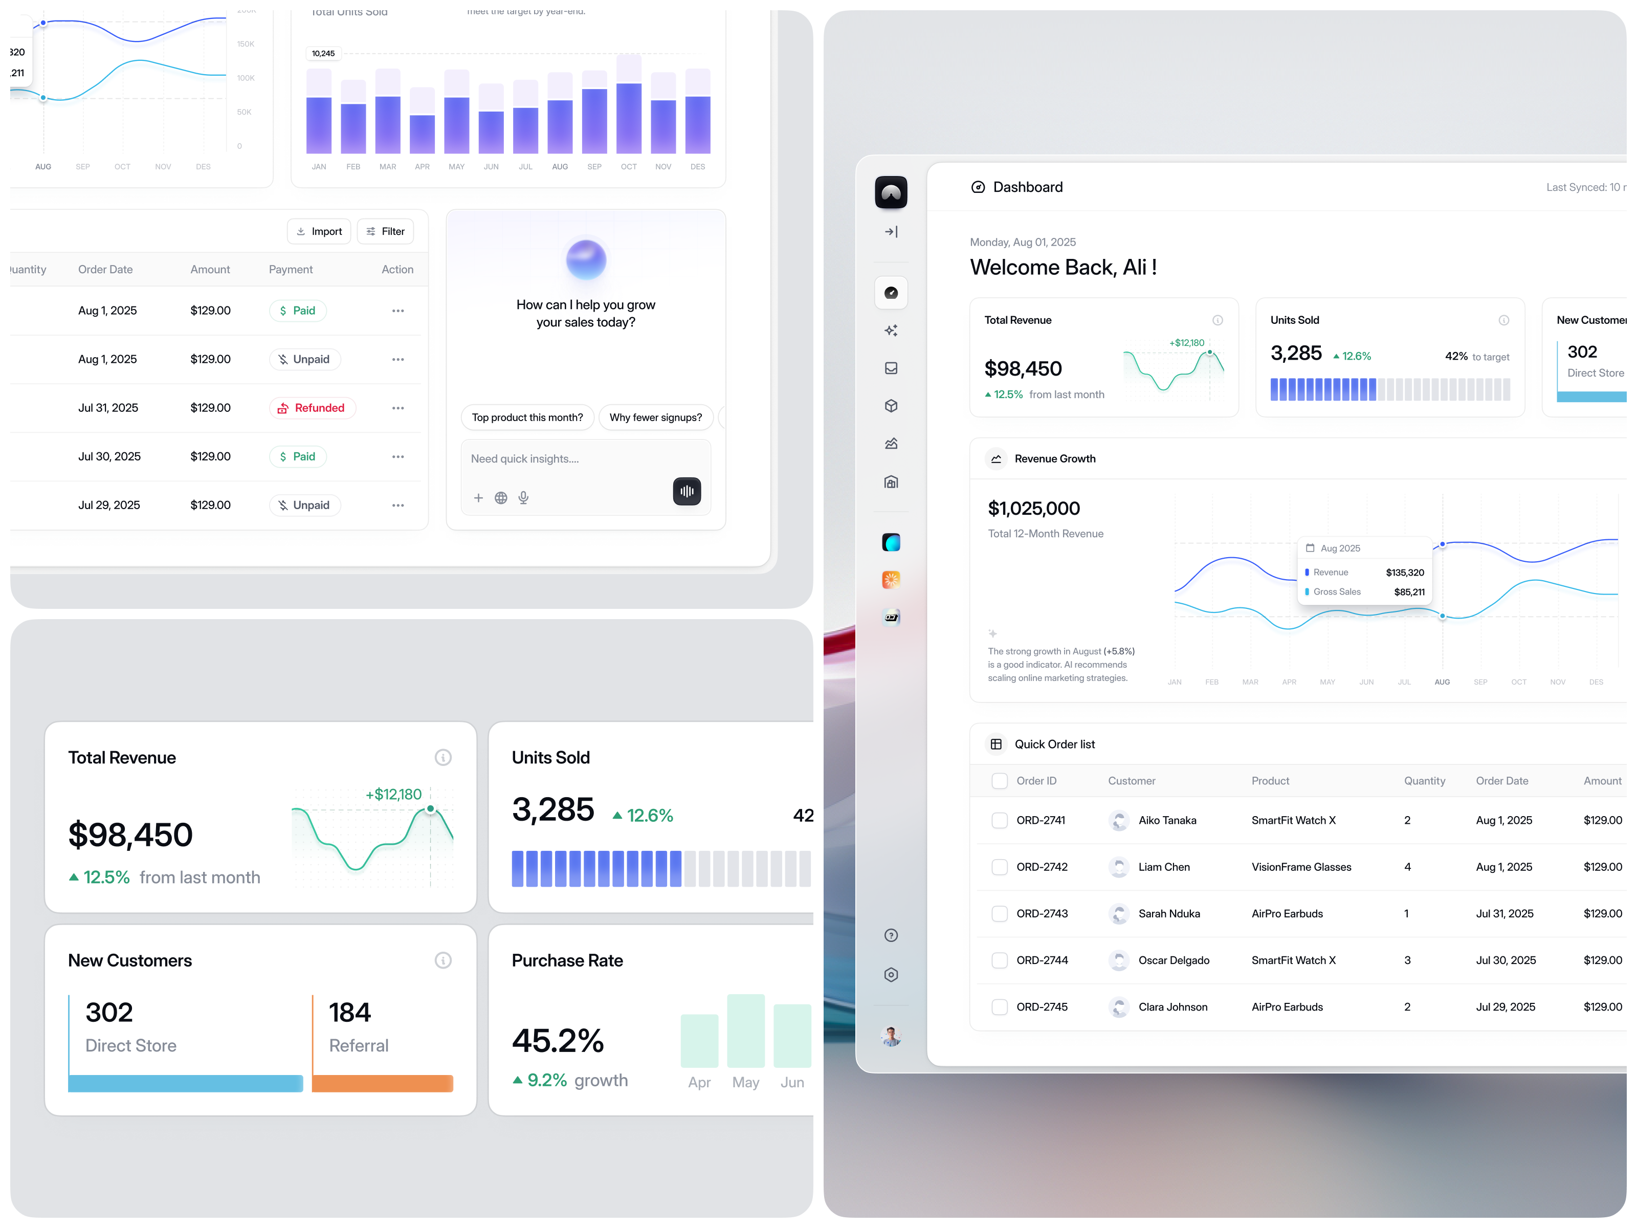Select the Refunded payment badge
pos(312,408)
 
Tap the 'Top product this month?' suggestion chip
pos(527,418)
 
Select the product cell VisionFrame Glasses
pos(1301,867)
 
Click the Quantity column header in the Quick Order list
pos(1424,781)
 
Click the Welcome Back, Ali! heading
pos(1063,267)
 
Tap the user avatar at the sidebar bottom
pos(891,1036)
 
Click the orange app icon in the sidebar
pos(891,580)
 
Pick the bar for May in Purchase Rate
pos(745,1031)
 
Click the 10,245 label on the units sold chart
pos(323,53)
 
